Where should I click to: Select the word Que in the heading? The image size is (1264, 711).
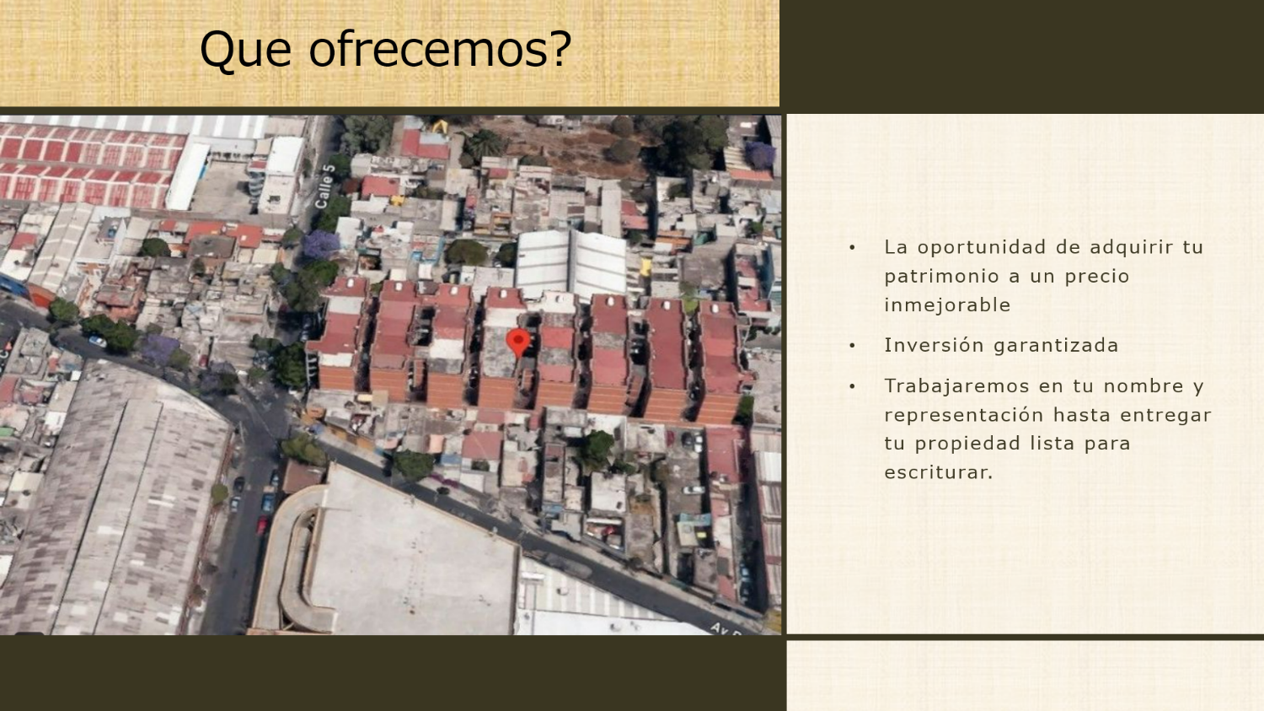[x=245, y=51]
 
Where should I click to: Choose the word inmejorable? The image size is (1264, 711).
[x=947, y=305]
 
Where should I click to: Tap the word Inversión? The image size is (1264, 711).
[x=934, y=344]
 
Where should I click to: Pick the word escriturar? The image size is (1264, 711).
[x=939, y=472]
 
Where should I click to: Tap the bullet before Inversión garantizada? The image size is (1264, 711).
[x=853, y=346]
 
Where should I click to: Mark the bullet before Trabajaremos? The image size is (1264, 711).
[x=853, y=386]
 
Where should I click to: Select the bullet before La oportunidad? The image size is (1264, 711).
[x=853, y=247]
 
